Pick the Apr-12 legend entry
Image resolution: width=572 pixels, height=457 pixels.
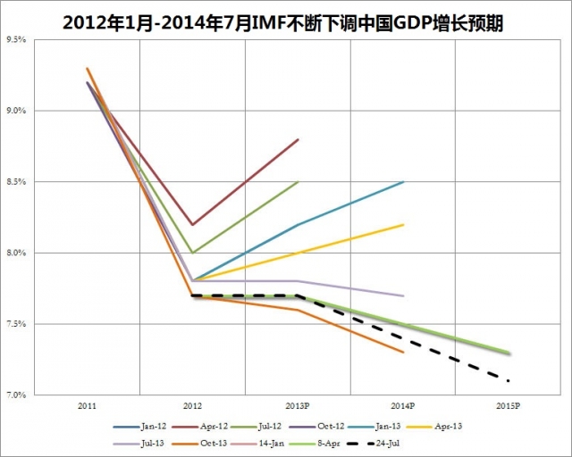point(211,427)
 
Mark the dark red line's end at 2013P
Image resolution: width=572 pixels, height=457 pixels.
point(299,139)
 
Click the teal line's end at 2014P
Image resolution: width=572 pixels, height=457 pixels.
point(404,182)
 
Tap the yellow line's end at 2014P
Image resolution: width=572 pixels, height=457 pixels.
point(404,225)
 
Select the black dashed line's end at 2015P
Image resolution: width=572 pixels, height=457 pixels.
point(509,381)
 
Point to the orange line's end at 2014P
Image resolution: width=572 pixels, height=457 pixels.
point(404,353)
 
